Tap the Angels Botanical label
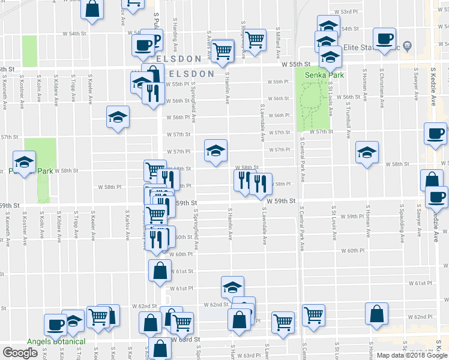pos(56,341)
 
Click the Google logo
pos(20,353)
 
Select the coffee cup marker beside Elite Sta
pos(384,39)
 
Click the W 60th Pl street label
pos(350,251)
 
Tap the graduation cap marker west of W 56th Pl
pos(118,117)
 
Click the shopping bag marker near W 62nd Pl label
pos(376,314)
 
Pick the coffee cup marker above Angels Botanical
pos(55,324)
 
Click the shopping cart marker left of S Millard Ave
pos(255,41)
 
